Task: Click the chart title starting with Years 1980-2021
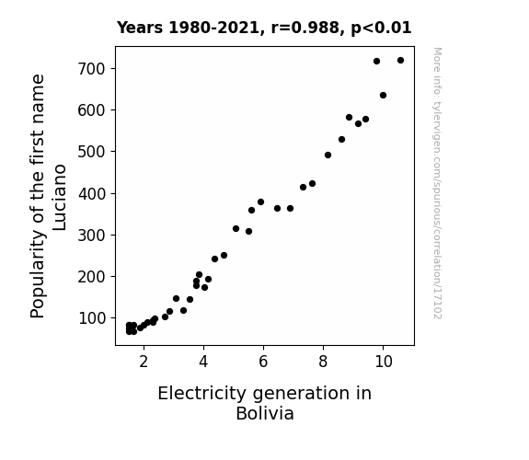click(x=264, y=28)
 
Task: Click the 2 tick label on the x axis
click(x=144, y=362)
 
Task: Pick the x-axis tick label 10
click(x=384, y=362)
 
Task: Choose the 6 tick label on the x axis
click(x=263, y=362)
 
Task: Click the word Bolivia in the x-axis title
click(x=265, y=413)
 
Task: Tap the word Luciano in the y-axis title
click(x=60, y=198)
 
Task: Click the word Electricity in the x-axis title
click(x=202, y=394)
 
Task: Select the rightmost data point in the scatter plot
click(x=400, y=61)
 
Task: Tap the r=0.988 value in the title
click(x=305, y=28)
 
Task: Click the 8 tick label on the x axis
click(x=323, y=362)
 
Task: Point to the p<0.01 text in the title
click(x=381, y=29)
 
